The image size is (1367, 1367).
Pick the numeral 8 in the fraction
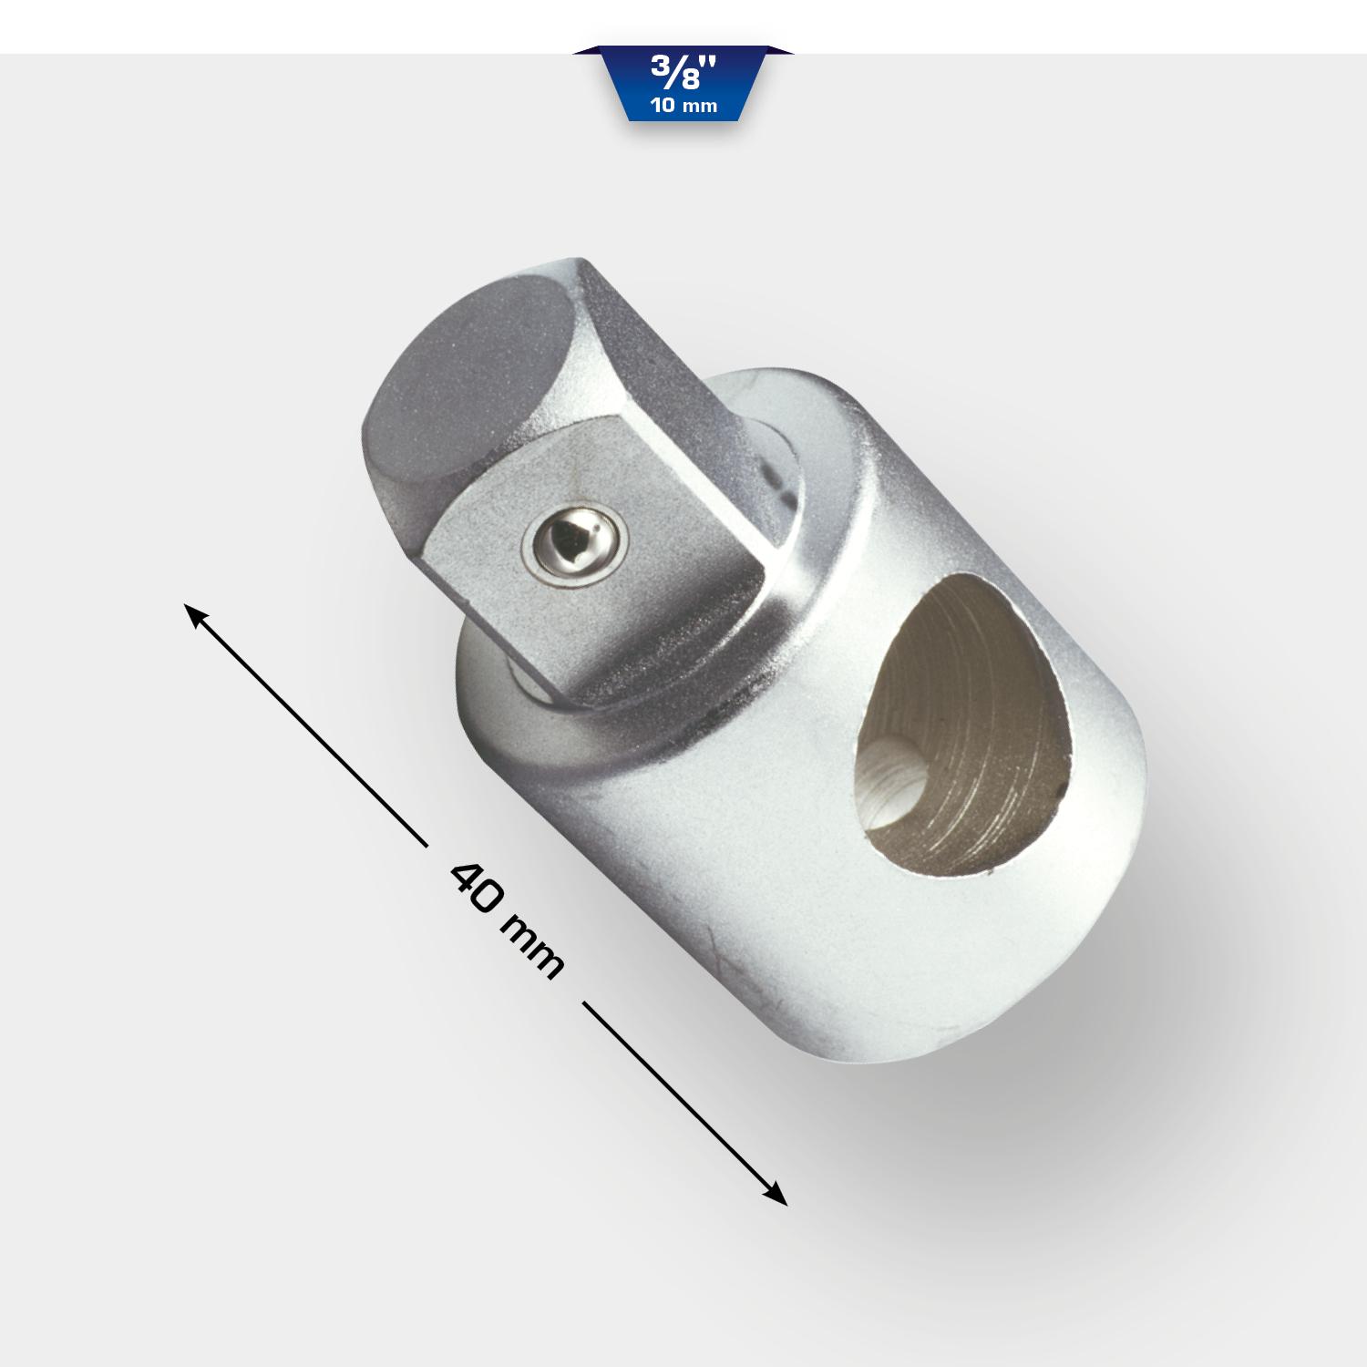689,80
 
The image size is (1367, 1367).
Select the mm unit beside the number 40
531,948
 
